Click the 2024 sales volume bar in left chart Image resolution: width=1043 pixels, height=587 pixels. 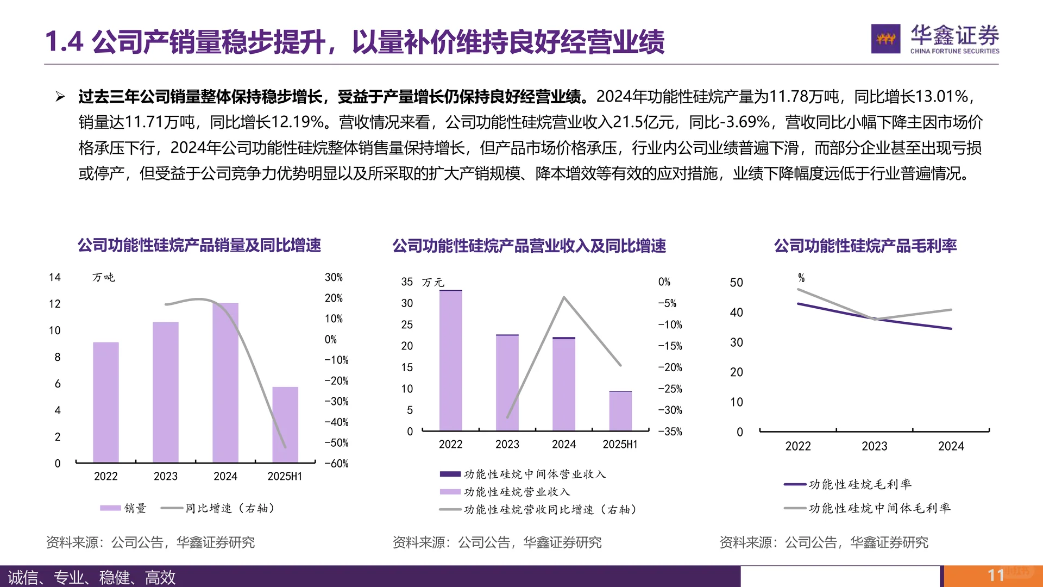pyautogui.click(x=225, y=383)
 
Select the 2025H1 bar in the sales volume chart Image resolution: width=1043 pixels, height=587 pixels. pyautogui.click(x=285, y=424)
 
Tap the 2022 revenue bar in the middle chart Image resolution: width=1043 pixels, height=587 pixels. pyautogui.click(x=450, y=361)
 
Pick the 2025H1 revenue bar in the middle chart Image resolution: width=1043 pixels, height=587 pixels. pyautogui.click(x=620, y=411)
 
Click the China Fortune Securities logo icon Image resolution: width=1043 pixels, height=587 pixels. pyautogui.click(x=885, y=39)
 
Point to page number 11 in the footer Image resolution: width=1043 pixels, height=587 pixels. pyautogui.click(x=996, y=575)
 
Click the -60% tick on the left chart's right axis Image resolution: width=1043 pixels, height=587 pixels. pyautogui.click(x=336, y=464)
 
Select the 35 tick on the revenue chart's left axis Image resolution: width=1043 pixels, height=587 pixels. pyautogui.click(x=407, y=282)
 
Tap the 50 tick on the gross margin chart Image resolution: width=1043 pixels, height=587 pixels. pyautogui.click(x=736, y=283)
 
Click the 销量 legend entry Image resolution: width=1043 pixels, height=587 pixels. pyautogui.click(x=124, y=508)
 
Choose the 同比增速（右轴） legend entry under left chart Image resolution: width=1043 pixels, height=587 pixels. pyautogui.click(x=220, y=508)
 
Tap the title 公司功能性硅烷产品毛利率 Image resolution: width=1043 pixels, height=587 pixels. pyautogui.click(x=865, y=246)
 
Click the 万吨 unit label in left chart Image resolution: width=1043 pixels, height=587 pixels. pyautogui.click(x=103, y=278)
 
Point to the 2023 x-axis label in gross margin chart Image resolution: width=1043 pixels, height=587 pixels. pyautogui.click(x=874, y=446)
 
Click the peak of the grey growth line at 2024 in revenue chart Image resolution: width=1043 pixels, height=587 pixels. pyautogui.click(x=564, y=297)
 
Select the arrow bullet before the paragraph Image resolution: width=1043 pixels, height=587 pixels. pyautogui.click(x=60, y=97)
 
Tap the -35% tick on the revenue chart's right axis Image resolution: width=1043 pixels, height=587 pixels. pyautogui.click(x=670, y=432)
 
